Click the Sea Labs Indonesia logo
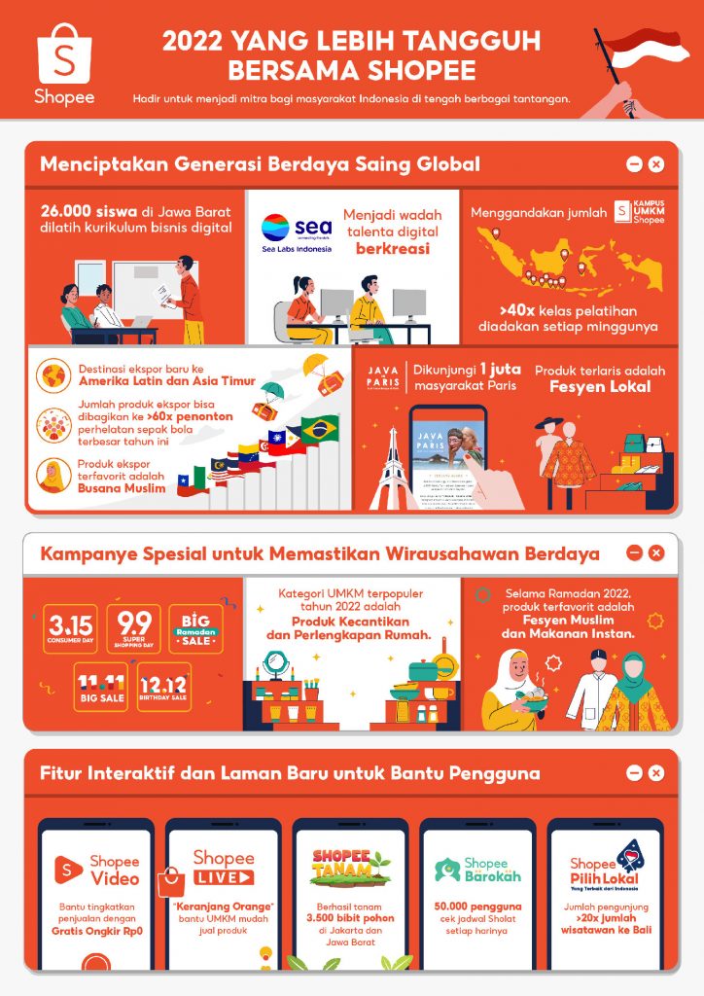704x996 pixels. (x=297, y=232)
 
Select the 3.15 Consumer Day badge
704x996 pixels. (x=71, y=629)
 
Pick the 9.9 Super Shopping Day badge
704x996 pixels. (x=133, y=629)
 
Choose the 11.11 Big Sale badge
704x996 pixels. (x=100, y=688)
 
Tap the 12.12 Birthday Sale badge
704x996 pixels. (x=163, y=688)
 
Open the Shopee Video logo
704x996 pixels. (x=96, y=869)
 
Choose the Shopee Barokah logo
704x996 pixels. (x=477, y=869)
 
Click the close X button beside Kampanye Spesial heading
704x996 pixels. (x=656, y=552)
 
